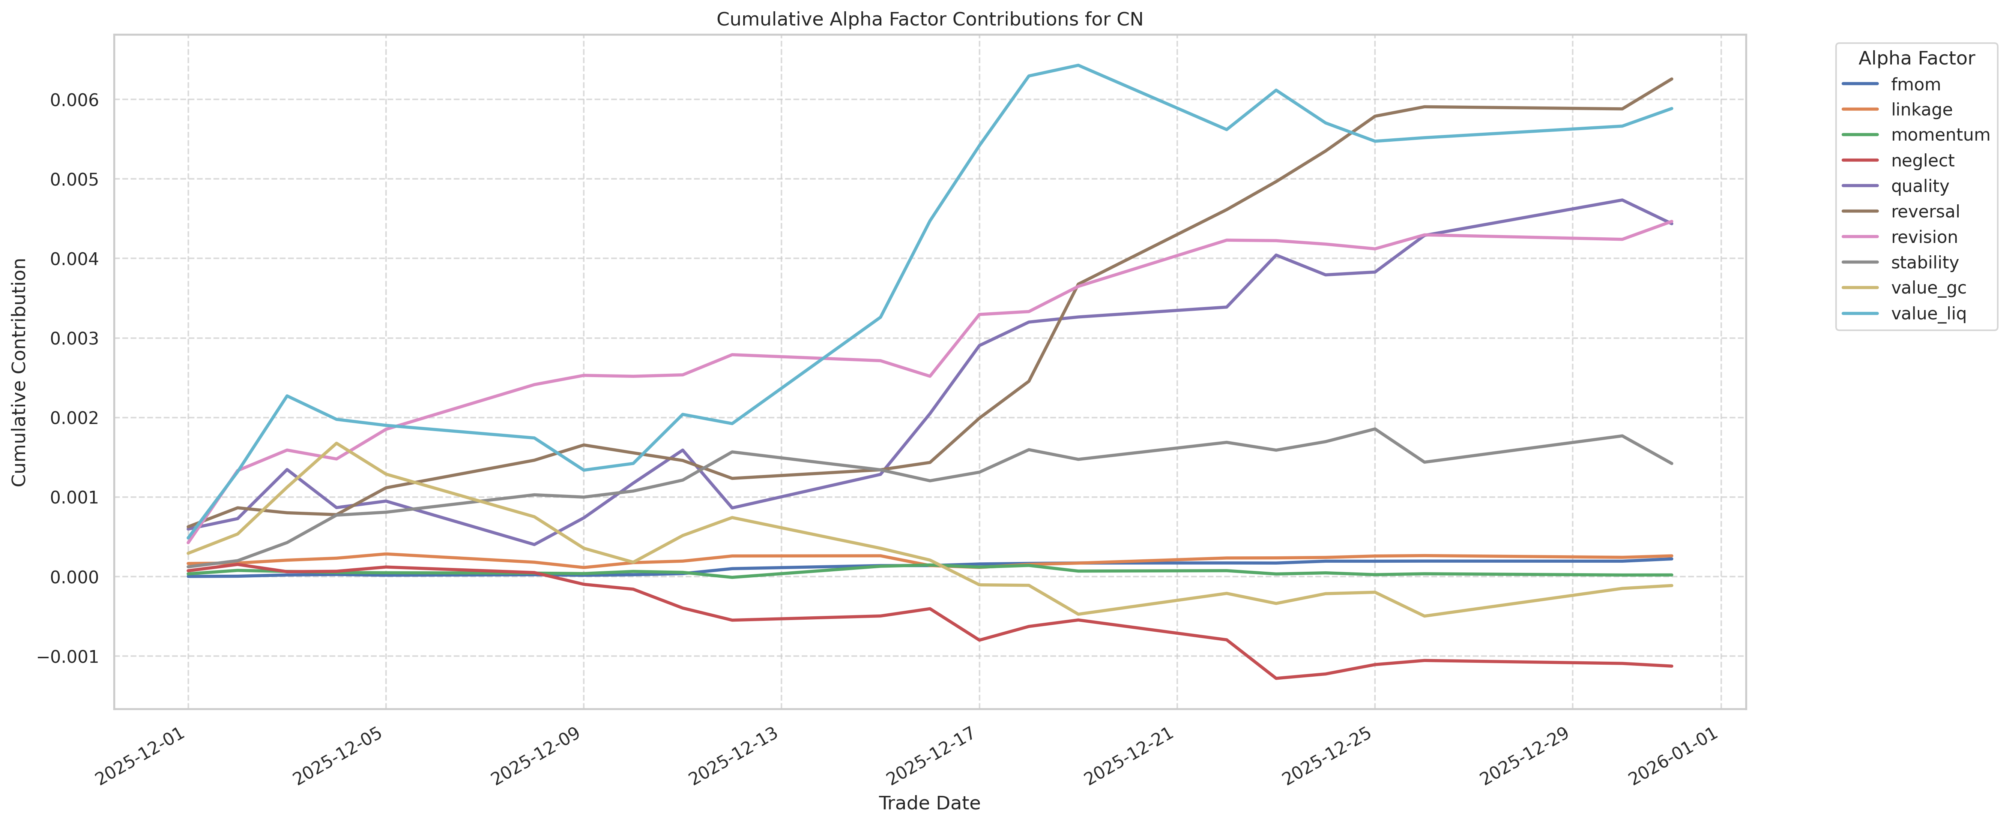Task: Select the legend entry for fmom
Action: pyautogui.click(x=1916, y=84)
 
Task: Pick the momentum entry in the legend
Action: pyautogui.click(x=1940, y=135)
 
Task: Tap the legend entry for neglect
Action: pyautogui.click(x=1922, y=160)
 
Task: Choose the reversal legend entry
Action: pyautogui.click(x=1925, y=211)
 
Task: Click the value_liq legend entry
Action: pyautogui.click(x=1928, y=313)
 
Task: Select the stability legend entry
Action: pyautogui.click(x=1924, y=263)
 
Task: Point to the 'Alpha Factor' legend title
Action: pyautogui.click(x=1916, y=58)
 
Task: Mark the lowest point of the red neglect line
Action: pyautogui.click(x=1276, y=678)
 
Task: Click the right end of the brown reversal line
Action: pyautogui.click(x=1671, y=79)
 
